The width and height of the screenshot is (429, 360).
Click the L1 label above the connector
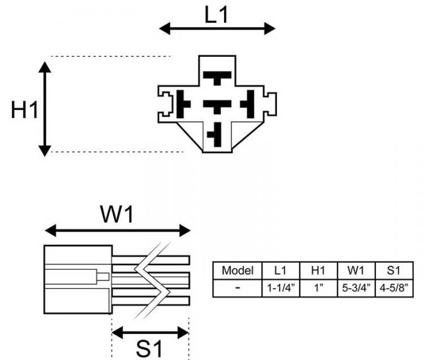pyautogui.click(x=216, y=14)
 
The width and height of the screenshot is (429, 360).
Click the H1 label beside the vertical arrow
pyautogui.click(x=25, y=110)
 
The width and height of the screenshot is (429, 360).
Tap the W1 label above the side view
pyautogui.click(x=117, y=214)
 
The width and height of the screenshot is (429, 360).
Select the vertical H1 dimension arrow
pyautogui.click(x=44, y=107)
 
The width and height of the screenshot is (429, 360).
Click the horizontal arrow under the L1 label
pyautogui.click(x=216, y=28)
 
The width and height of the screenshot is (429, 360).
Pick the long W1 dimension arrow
pyautogui.click(x=117, y=230)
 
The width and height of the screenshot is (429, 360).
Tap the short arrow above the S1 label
pyautogui.click(x=150, y=332)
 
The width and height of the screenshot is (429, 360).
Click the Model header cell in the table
pyautogui.click(x=237, y=271)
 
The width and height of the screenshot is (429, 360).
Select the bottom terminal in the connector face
pyautogui.click(x=216, y=135)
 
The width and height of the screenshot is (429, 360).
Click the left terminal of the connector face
pyautogui.click(x=183, y=105)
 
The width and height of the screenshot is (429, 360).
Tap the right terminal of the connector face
pyautogui.click(x=250, y=105)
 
